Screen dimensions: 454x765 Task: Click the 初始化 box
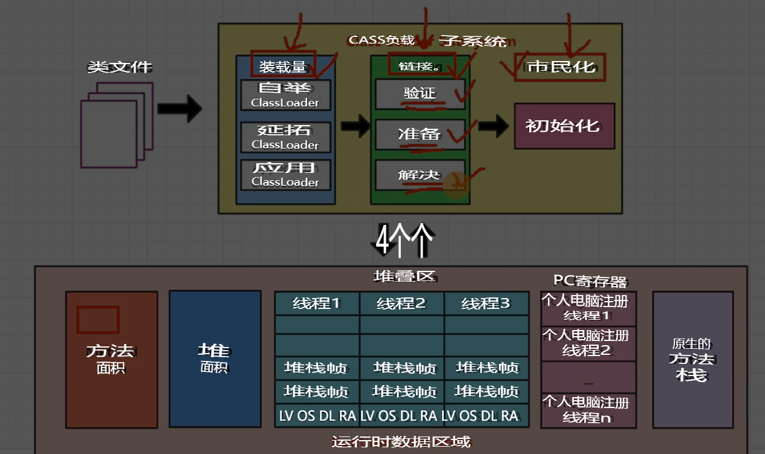[x=564, y=126]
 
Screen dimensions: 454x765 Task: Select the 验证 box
[x=420, y=94]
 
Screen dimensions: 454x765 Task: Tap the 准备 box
[x=420, y=134]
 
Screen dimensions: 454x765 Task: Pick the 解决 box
[x=420, y=175]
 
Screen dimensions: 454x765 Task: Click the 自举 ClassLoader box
[x=285, y=95]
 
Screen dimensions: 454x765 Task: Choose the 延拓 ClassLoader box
[x=285, y=137]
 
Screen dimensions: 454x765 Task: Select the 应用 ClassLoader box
[x=285, y=174]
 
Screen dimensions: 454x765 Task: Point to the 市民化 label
[x=559, y=66]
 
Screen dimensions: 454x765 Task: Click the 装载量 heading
[x=284, y=65]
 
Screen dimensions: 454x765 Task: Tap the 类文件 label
[x=120, y=67]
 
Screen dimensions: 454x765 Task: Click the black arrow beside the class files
[x=179, y=108]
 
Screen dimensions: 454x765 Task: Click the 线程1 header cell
[x=317, y=303]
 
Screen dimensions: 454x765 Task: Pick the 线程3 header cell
[x=486, y=303]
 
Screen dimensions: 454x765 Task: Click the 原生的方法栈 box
[x=692, y=360]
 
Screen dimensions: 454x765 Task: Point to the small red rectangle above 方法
[x=97, y=320]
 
